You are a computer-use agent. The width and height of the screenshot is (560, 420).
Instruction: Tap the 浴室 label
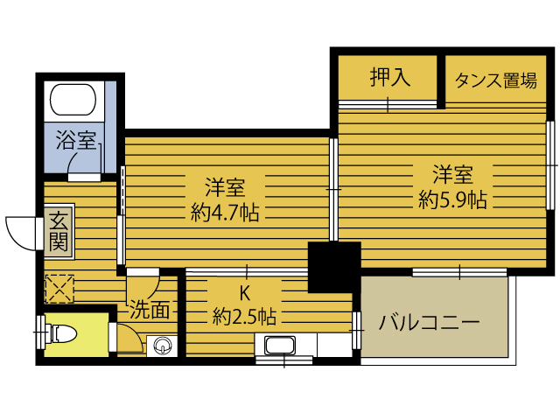[76, 141]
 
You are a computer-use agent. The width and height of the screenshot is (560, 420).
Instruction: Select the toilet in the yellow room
[61, 332]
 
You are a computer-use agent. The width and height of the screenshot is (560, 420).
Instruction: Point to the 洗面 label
[150, 309]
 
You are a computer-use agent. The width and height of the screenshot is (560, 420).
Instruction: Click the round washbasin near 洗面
[160, 346]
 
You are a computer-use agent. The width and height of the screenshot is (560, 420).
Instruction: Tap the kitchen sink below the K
[282, 346]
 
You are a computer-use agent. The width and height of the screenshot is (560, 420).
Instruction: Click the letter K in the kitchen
[246, 293]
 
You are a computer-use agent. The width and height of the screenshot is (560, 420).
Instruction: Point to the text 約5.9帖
[452, 199]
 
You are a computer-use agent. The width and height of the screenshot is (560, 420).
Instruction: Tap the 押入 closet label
[389, 79]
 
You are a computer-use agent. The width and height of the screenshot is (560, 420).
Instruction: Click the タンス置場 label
[495, 81]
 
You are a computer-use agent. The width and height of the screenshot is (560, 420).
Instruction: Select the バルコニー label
[429, 322]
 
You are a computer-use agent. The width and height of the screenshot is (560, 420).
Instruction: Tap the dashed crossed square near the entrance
[60, 288]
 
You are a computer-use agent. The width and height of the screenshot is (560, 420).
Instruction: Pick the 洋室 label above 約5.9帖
[452, 172]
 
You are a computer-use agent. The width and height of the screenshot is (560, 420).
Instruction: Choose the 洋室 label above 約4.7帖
[225, 187]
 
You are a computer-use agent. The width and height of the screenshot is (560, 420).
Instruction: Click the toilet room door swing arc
[128, 336]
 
